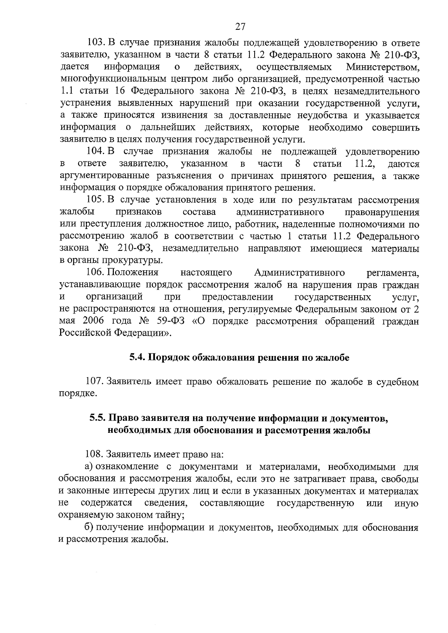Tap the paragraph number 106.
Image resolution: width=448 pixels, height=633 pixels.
pos(95,273)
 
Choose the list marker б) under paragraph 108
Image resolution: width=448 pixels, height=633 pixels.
pos(88,528)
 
